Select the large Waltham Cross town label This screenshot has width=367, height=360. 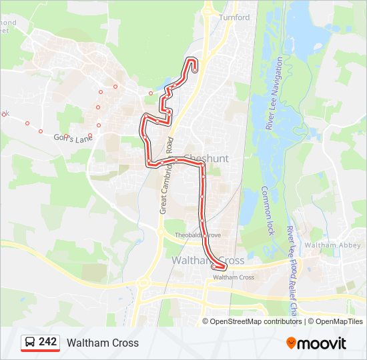tap(208, 261)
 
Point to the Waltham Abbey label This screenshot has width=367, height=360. tap(324, 245)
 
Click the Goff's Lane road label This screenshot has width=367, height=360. tap(71, 137)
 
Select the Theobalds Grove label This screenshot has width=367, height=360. tap(198, 235)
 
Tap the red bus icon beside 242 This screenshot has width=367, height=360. tap(30, 343)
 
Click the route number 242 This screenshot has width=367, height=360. tap(48, 342)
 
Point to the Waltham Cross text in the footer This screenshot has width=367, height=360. tap(103, 343)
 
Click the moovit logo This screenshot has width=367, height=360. tap(316, 343)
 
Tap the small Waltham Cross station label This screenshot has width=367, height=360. tap(234, 277)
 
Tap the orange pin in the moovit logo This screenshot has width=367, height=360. tap(292, 343)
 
